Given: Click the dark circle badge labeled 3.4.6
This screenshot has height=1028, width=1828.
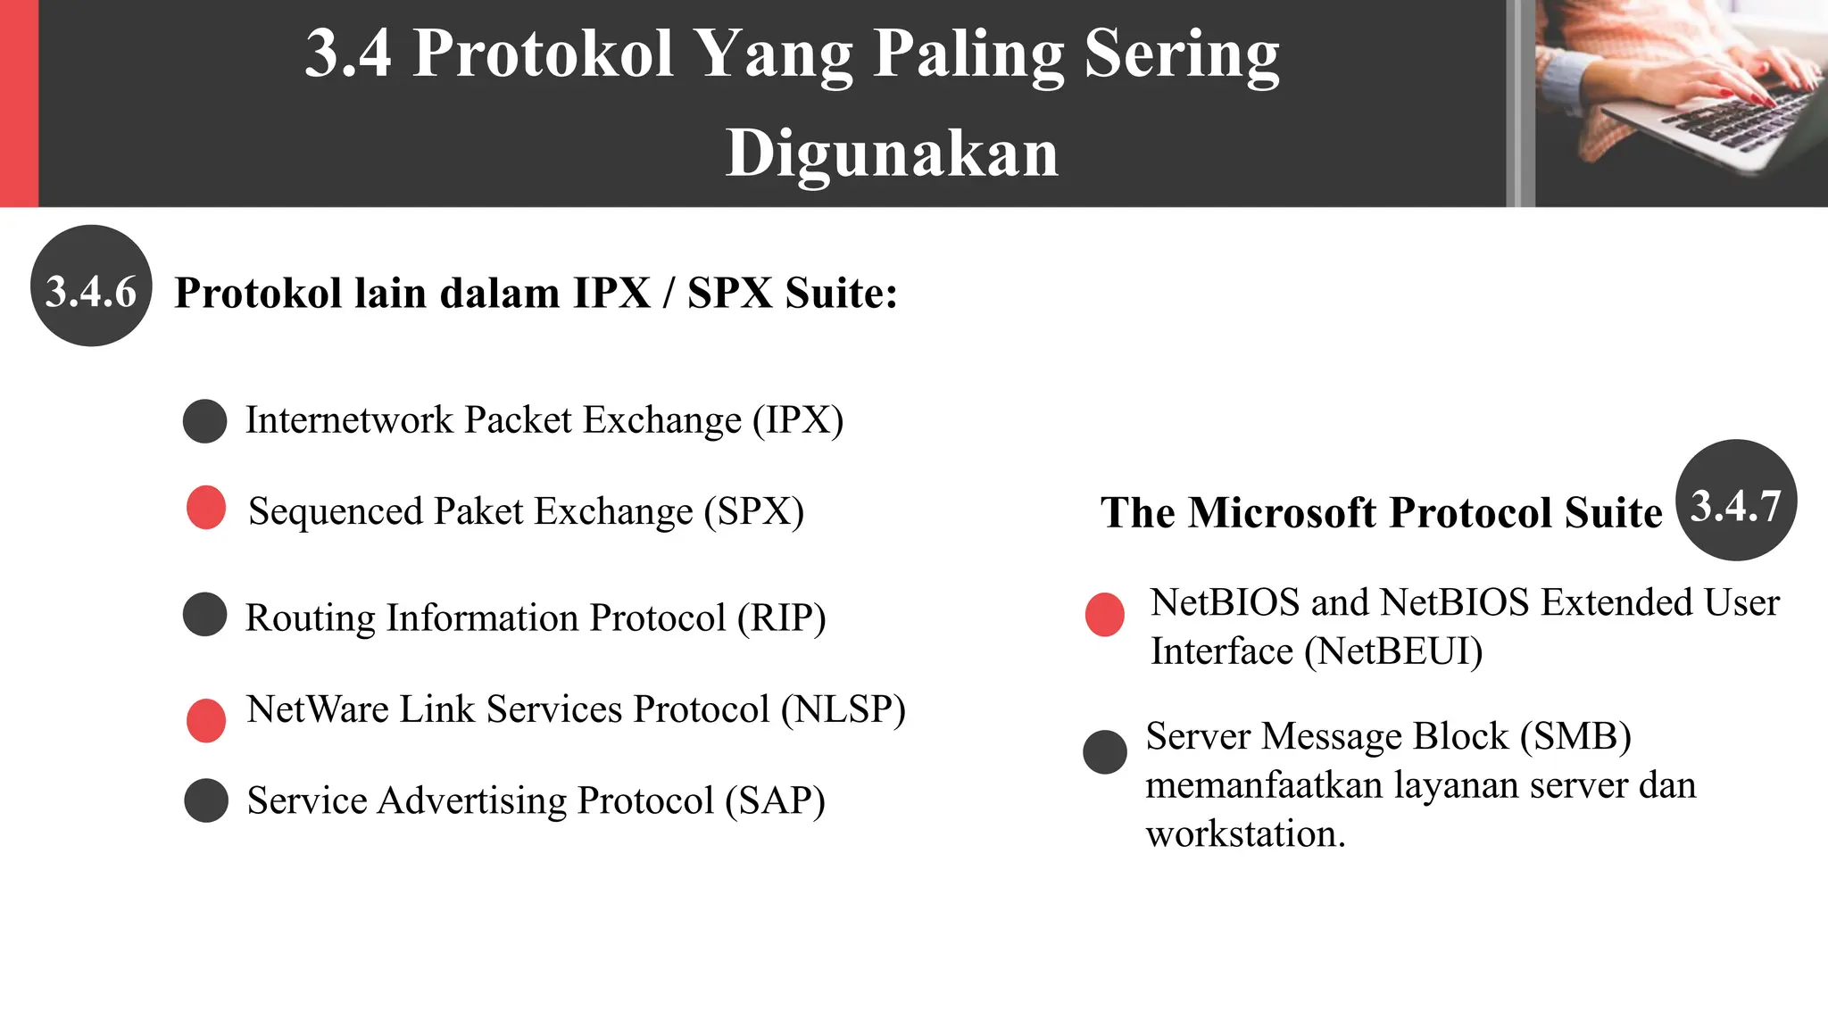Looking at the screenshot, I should point(91,286).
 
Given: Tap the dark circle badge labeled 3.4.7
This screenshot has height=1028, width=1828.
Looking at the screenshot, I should point(1736,501).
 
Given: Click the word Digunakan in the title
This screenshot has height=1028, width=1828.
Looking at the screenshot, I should point(892,153).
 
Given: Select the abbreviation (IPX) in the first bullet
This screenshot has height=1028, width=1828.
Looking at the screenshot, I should point(798,420).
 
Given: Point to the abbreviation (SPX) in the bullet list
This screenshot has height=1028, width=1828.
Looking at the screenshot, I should point(754,512).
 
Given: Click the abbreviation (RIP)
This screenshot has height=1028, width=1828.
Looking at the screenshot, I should point(781,618).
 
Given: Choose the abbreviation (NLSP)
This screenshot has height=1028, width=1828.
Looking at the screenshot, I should point(843,709).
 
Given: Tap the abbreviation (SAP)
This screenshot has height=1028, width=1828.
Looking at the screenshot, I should point(775,800).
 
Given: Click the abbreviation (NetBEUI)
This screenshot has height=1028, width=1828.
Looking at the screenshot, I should point(1393,651).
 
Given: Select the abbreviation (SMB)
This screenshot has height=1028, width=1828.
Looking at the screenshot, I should point(1576,737).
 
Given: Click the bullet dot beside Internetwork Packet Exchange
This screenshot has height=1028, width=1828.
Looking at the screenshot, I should point(205,421).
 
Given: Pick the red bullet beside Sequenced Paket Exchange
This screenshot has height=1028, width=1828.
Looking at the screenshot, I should point(206,508).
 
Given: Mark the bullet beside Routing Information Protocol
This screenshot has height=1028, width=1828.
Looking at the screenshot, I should point(205,615).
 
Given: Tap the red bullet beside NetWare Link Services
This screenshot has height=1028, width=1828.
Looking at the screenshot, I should point(206,720).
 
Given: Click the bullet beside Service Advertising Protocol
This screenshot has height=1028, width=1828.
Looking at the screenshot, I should point(206,800).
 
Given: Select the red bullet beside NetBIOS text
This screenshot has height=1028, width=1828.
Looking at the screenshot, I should point(1105,615).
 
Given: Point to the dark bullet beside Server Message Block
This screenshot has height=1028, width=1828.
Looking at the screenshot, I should point(1105,752).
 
